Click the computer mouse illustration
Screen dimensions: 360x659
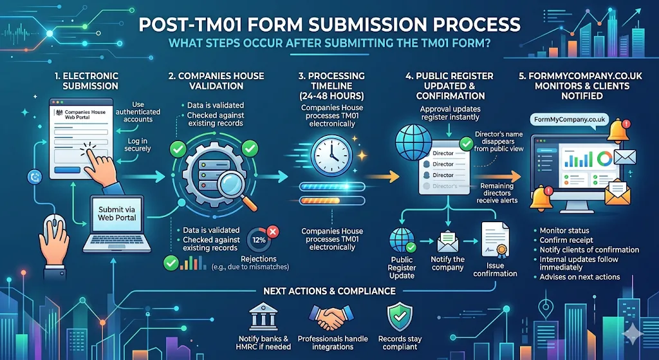click(x=53, y=230)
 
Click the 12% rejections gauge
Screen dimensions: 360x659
click(x=259, y=240)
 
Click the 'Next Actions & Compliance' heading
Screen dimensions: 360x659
click(x=329, y=291)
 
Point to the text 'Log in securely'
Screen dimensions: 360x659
click(x=137, y=144)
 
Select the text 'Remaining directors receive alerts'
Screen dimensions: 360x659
click(x=496, y=193)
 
